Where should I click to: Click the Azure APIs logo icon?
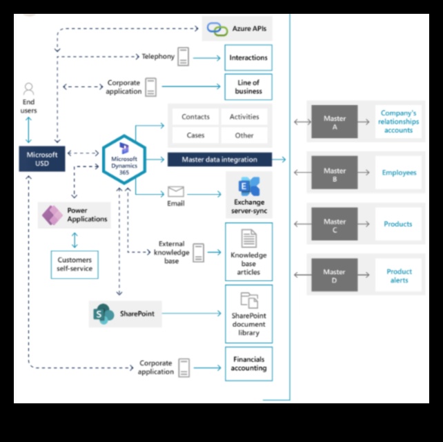(x=217, y=29)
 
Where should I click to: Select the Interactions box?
(x=248, y=57)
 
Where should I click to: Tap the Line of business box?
(x=248, y=87)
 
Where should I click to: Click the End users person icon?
(x=28, y=89)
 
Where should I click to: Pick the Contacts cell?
(x=195, y=117)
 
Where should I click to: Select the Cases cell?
(x=195, y=135)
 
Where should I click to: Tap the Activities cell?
(x=244, y=117)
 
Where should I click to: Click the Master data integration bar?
(x=219, y=160)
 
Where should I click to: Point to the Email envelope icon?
(x=176, y=191)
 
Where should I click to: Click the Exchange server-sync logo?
(x=247, y=186)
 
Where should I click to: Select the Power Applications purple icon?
(x=52, y=215)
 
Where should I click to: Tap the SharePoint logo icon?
(x=104, y=314)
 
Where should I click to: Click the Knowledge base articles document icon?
(x=248, y=238)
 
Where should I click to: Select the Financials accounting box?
(x=248, y=364)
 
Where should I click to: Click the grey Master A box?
(x=335, y=122)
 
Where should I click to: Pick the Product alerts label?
(x=399, y=276)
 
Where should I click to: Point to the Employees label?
(x=399, y=173)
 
